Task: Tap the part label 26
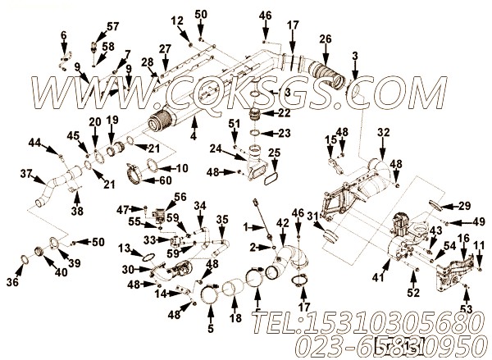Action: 326,39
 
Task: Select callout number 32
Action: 384,132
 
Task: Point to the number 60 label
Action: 166,180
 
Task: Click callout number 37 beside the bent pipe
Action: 25,174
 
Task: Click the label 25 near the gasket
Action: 274,153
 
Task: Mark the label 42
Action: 282,223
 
